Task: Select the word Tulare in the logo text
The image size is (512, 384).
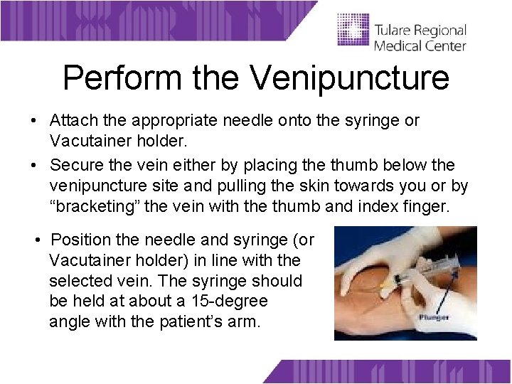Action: coord(393,31)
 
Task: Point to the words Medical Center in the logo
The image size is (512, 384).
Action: coord(420,46)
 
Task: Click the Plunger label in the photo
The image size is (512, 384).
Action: coord(433,317)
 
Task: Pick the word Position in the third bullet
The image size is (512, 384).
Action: coord(80,240)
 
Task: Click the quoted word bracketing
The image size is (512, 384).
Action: coord(93,206)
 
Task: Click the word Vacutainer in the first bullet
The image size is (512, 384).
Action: coord(86,140)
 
